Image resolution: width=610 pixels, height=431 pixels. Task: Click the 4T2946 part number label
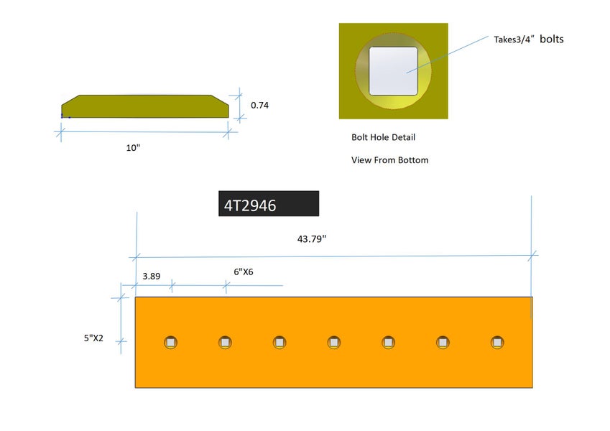pyautogui.click(x=268, y=204)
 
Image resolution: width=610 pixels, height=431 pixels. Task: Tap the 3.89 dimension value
pyautogui.click(x=151, y=275)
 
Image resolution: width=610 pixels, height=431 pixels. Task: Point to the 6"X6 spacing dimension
pyautogui.click(x=244, y=272)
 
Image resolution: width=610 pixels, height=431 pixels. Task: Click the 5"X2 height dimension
pyautogui.click(x=93, y=338)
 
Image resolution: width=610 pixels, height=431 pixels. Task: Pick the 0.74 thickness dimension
pyautogui.click(x=259, y=105)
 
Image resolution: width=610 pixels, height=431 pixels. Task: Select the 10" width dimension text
pyautogui.click(x=132, y=147)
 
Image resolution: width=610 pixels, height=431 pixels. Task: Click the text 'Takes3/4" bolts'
pyautogui.click(x=528, y=40)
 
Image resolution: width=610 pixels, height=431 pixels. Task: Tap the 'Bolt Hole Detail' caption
pyautogui.click(x=383, y=137)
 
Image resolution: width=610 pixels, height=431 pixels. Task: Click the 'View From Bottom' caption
pyautogui.click(x=389, y=160)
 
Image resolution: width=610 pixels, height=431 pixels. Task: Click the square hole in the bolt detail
pyautogui.click(x=393, y=70)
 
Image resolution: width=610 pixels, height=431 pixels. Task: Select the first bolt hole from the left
pyautogui.click(x=170, y=343)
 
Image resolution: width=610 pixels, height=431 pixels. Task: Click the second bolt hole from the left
pyautogui.click(x=226, y=343)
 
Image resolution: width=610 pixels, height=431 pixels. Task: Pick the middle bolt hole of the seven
pyautogui.click(x=333, y=343)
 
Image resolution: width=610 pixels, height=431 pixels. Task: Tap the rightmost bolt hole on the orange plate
pyautogui.click(x=497, y=343)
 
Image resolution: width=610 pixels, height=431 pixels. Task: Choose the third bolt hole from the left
pyautogui.click(x=279, y=343)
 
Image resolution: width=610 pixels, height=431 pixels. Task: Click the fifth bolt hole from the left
pyautogui.click(x=388, y=343)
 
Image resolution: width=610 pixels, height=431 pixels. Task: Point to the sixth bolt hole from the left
pyautogui.click(x=443, y=343)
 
